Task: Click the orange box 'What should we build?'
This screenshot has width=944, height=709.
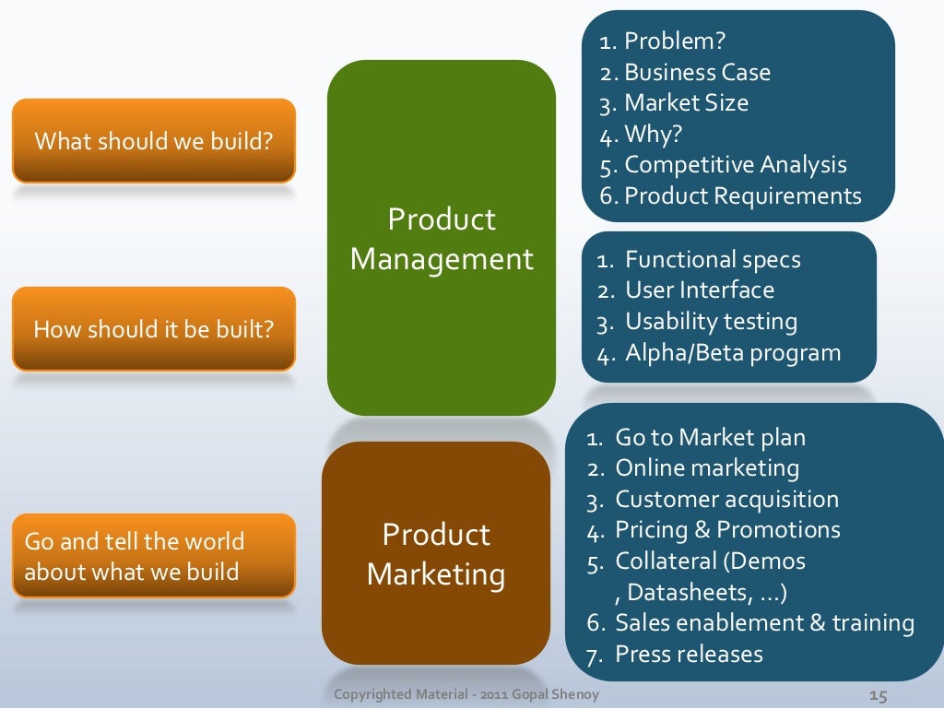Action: point(153,141)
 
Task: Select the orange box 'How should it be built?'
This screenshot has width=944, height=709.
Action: point(153,329)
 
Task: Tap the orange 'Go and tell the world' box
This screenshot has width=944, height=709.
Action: point(153,556)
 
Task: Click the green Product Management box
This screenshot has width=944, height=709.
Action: point(442,238)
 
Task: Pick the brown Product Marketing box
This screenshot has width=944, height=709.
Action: point(436,553)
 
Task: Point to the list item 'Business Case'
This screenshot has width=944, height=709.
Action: point(697,72)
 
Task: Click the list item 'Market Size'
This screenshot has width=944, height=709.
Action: point(686,102)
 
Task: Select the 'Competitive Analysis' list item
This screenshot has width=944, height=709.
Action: point(735,165)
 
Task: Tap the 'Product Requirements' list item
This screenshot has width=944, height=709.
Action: point(742,195)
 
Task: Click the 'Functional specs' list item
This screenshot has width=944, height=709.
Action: point(713,259)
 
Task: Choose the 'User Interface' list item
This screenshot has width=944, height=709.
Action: point(700,290)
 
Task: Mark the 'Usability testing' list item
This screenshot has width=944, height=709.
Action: point(711,322)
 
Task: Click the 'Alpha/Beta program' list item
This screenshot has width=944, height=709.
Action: point(733,352)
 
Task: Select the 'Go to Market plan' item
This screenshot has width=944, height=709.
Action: point(710,437)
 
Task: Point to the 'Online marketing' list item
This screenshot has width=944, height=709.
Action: point(707,467)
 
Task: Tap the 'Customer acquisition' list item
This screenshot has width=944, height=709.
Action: point(726,499)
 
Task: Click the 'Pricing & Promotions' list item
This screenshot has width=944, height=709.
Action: point(727,530)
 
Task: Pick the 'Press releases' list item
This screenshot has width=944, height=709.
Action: point(689,655)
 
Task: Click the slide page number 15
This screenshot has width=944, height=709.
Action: point(878,694)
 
